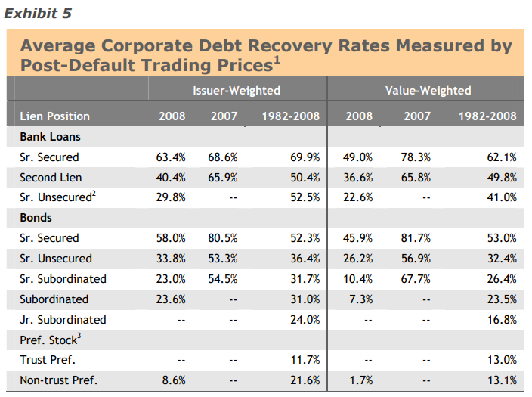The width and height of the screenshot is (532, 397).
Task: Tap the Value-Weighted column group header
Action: pyautogui.click(x=428, y=90)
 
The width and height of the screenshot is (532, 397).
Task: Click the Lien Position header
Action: pyautogui.click(x=55, y=116)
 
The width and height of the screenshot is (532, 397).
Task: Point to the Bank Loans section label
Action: pyautogui.click(x=51, y=137)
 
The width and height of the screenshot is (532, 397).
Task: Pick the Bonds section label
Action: pyautogui.click(x=37, y=218)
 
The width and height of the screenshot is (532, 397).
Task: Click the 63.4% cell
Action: pyautogui.click(x=172, y=157)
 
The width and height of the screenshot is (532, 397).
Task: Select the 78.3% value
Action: pyautogui.click(x=416, y=157)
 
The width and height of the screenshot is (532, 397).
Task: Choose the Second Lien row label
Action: pyautogui.click(x=51, y=178)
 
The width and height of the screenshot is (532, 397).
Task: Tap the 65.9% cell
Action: pyautogui.click(x=223, y=178)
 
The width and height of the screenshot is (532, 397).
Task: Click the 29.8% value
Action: pyautogui.click(x=172, y=197)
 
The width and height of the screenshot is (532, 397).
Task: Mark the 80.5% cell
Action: pyautogui.click(x=223, y=238)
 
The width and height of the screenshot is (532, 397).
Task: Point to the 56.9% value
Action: pyautogui.click(x=416, y=259)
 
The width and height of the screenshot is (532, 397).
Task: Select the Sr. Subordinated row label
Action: pyautogui.click(x=63, y=278)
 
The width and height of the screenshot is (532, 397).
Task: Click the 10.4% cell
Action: pyautogui.click(x=359, y=278)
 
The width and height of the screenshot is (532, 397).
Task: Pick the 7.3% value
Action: pyautogui.click(x=362, y=299)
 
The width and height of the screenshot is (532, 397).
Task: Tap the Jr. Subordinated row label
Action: pyautogui.click(x=63, y=319)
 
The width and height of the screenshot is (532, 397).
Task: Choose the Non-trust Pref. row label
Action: pyautogui.click(x=59, y=380)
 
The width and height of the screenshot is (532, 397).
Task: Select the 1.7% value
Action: pyautogui.click(x=362, y=380)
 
